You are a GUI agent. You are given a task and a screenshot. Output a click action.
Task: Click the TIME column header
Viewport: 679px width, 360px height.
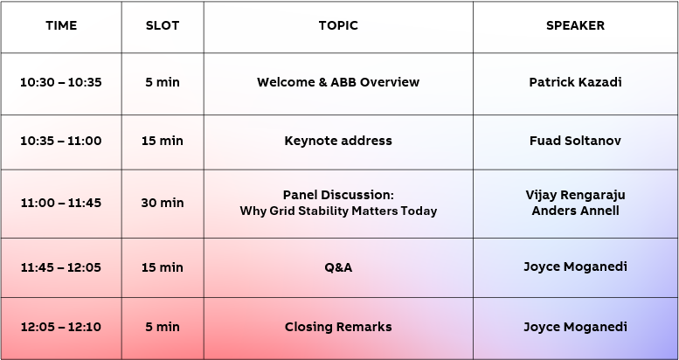[x=61, y=25]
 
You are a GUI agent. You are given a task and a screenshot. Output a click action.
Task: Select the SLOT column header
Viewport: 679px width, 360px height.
[x=163, y=25]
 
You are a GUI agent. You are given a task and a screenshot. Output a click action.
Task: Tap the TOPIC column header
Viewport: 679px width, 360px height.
[x=338, y=25]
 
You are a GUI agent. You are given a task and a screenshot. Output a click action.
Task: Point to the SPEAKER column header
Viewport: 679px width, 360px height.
[x=575, y=25]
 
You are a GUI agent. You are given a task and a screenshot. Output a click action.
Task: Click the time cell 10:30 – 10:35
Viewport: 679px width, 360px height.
[x=61, y=82]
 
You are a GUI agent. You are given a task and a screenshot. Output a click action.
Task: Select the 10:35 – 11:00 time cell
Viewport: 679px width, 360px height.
[x=61, y=141]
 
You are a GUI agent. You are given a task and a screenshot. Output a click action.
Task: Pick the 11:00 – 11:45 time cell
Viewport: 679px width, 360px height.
[x=61, y=203]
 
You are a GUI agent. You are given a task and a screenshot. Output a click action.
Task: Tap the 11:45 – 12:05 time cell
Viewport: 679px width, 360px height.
[x=61, y=267]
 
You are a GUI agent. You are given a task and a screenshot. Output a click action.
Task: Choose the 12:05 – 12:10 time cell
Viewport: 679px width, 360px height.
[x=61, y=327]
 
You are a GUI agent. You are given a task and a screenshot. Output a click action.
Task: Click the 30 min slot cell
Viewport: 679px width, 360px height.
[x=163, y=203]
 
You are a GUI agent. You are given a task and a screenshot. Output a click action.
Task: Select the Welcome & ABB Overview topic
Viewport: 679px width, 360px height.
[x=338, y=82]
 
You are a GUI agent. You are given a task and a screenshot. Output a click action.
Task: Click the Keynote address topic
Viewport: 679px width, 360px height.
[x=338, y=141]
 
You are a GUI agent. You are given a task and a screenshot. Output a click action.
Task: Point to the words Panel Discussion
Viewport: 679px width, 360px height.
[x=338, y=194]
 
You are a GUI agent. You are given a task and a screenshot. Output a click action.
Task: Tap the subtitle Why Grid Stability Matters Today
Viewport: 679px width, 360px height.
[x=338, y=211]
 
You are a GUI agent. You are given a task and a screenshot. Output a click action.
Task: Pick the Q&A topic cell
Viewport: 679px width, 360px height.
[x=338, y=267]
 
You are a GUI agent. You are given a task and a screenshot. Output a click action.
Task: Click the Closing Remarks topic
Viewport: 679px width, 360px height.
[x=338, y=327]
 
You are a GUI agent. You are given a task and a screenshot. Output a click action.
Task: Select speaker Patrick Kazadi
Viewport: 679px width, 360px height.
[x=575, y=82]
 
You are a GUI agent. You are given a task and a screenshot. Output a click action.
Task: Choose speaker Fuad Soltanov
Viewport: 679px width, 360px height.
[x=575, y=141]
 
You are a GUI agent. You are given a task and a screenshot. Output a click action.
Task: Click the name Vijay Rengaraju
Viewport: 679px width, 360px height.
[x=575, y=194]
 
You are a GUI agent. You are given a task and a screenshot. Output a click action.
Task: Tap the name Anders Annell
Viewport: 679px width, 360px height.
[x=575, y=211]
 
